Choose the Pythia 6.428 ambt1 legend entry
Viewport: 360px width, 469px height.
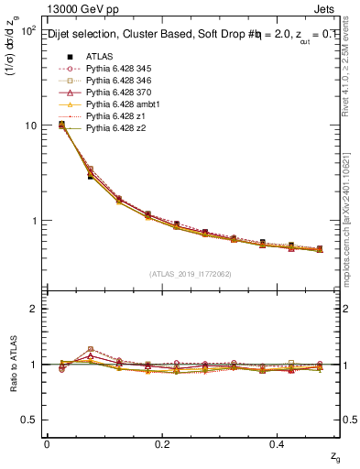point(118,104)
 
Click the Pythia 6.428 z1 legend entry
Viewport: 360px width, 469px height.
point(113,115)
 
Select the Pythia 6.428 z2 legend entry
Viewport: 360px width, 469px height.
point(113,127)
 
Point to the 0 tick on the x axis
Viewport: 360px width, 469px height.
point(46,443)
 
